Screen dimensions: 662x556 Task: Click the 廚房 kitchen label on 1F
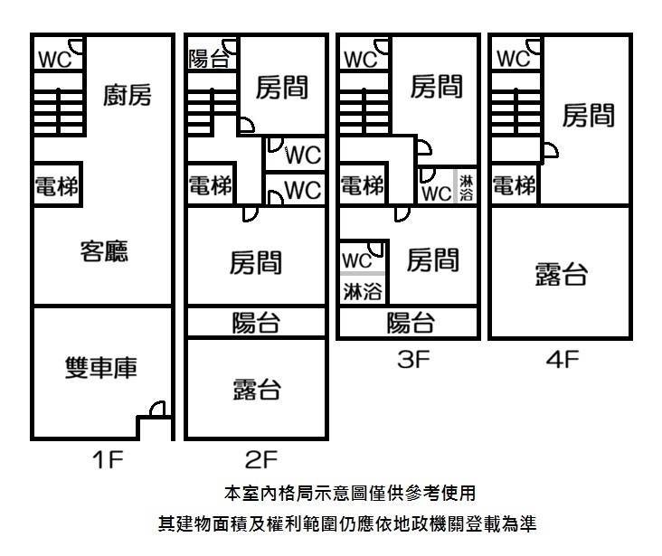tap(128, 95)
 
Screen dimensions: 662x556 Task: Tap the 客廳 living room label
tap(104, 251)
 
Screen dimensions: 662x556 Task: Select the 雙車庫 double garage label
tap(101, 367)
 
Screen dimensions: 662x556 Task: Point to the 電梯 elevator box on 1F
tap(57, 184)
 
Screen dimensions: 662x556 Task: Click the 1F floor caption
tap(108, 459)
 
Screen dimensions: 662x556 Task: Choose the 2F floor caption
tap(261, 459)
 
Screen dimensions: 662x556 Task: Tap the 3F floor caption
tap(413, 360)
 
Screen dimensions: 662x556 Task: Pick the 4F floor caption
tap(563, 360)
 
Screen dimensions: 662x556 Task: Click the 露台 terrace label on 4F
tap(561, 275)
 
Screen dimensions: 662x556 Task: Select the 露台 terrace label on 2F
tap(257, 389)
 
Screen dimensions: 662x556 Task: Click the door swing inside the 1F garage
tap(158, 409)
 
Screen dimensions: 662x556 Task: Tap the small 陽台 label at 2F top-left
tap(209, 58)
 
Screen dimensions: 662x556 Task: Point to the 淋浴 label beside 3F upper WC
tap(466, 188)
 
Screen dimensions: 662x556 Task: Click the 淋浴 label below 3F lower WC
tap(363, 291)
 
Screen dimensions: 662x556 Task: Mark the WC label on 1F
tap(55, 59)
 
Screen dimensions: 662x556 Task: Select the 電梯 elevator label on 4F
tap(515, 185)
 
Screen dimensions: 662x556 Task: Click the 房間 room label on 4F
tap(588, 116)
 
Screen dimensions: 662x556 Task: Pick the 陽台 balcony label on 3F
tap(411, 323)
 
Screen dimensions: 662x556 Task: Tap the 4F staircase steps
tap(515, 111)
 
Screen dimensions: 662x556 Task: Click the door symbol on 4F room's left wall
tap(551, 151)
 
